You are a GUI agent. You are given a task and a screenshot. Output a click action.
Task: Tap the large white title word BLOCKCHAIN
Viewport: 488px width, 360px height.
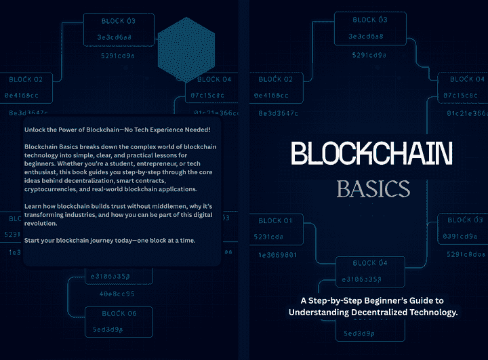point(371,155)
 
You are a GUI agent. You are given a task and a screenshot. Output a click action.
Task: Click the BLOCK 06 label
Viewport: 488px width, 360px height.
point(119,313)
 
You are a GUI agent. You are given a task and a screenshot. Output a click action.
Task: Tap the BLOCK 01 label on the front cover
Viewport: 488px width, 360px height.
point(275,220)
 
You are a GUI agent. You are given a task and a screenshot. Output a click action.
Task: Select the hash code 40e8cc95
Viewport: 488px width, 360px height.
point(112,294)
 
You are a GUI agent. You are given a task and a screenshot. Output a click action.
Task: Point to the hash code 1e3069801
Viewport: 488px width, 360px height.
point(277,255)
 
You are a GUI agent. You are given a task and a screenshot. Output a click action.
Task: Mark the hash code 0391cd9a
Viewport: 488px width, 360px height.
point(466,236)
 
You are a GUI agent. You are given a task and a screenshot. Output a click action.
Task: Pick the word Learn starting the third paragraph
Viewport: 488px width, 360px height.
point(33,206)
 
